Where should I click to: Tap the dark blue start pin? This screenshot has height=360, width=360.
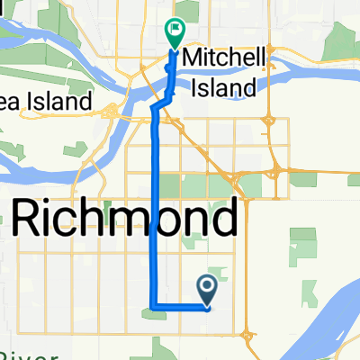[x=207, y=289]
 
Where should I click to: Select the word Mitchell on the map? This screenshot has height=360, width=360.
[x=224, y=58]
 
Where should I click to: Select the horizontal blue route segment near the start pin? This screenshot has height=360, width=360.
[x=180, y=308]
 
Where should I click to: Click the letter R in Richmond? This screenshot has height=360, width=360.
[x=28, y=218]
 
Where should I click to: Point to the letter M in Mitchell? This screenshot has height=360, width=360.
[x=191, y=58]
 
